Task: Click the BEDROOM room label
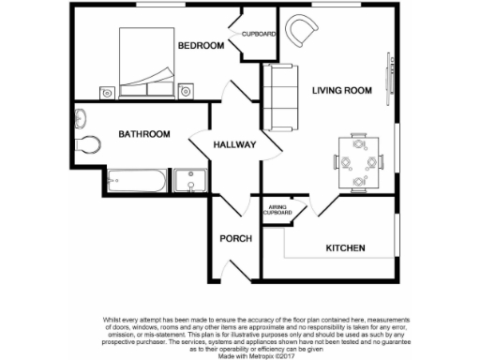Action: pos(202,46)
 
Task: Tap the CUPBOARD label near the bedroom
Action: pos(259,35)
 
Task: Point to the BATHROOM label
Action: pos(143,135)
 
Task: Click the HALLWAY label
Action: pos(234,145)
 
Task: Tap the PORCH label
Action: pos(235,238)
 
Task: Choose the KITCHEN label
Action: pos(345,248)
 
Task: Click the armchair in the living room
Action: pos(301,31)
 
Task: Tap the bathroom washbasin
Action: pos(80,118)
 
